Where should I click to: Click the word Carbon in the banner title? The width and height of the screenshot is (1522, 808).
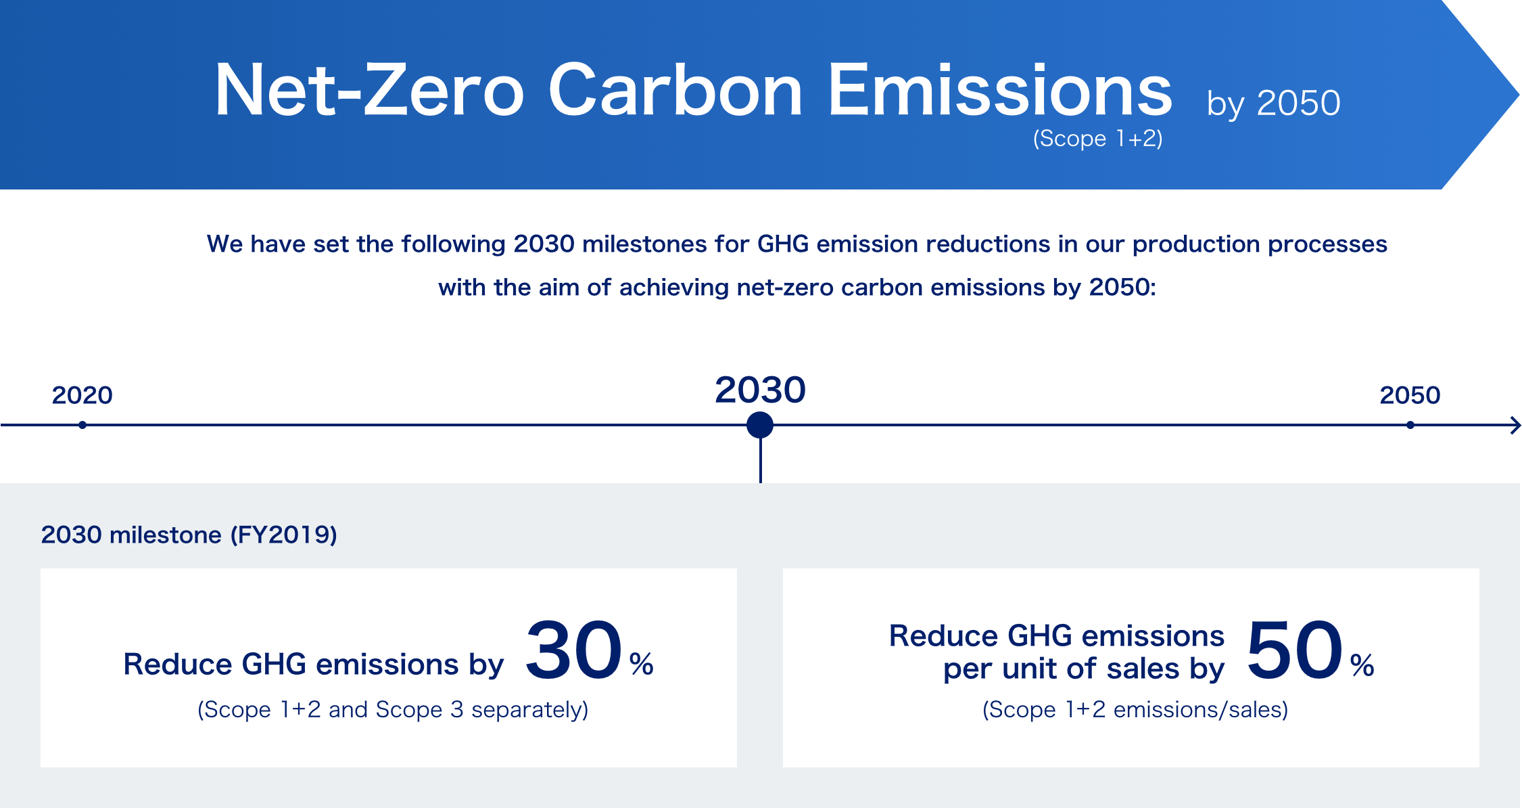pos(675,90)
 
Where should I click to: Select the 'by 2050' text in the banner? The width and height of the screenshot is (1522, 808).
pos(1273,104)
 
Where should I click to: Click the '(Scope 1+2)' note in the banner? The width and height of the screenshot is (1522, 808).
pos(1097,139)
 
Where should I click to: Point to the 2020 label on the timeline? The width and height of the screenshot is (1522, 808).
pos(82,395)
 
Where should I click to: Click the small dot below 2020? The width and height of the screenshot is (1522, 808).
pos(82,425)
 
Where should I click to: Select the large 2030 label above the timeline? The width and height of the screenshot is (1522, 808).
pos(760,390)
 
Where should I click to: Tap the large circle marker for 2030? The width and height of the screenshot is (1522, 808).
pos(760,425)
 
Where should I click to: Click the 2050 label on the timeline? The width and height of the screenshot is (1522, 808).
pos(1410,395)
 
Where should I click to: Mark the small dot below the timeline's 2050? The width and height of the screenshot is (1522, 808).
pos(1410,425)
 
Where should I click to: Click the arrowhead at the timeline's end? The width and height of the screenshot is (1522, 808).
pos(1517,426)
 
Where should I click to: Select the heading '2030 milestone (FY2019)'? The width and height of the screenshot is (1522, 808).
pos(189,535)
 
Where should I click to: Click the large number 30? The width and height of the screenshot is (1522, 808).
pos(574,650)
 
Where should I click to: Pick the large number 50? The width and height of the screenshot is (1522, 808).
pos(1295,650)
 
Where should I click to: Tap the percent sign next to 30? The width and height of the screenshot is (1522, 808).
pos(642,664)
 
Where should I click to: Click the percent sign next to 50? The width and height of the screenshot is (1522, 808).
pos(1362,665)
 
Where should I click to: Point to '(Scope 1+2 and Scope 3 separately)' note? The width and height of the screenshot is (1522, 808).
pos(393,710)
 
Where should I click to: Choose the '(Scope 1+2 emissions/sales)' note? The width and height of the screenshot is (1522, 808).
pos(1135,710)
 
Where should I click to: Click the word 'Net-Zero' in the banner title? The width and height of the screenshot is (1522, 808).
pos(369,90)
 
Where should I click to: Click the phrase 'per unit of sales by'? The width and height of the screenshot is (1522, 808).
pos(1084,669)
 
